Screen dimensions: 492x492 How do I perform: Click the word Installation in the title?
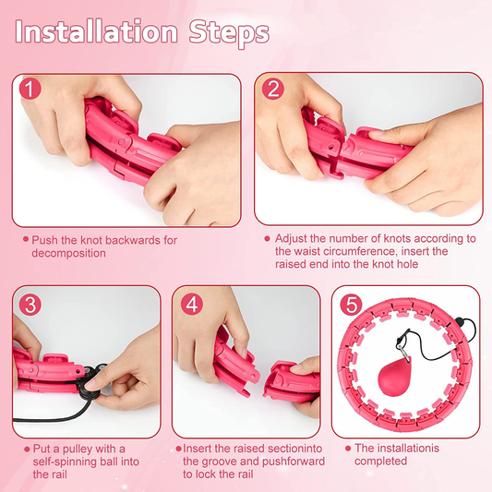tap(97, 32)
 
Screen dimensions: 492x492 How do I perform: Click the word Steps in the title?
tap(229, 34)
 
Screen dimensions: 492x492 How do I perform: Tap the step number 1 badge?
tap(30, 89)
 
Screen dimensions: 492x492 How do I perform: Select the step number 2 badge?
tap(273, 89)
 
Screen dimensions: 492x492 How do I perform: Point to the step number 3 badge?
tap(30, 304)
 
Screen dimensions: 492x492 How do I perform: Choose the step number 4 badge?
tap(192, 304)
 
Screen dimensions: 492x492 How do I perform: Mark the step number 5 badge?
tap(351, 304)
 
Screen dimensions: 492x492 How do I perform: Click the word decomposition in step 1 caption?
tap(68, 253)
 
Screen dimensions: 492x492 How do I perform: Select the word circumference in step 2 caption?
tap(359, 252)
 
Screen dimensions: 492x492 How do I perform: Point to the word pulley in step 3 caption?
tap(78, 450)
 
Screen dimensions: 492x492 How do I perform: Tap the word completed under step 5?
tap(380, 462)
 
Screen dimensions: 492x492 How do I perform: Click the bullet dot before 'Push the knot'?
tap(26, 239)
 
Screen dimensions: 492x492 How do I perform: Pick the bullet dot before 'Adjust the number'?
tap(267, 239)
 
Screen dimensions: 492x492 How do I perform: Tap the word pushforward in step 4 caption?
tap(293, 462)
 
